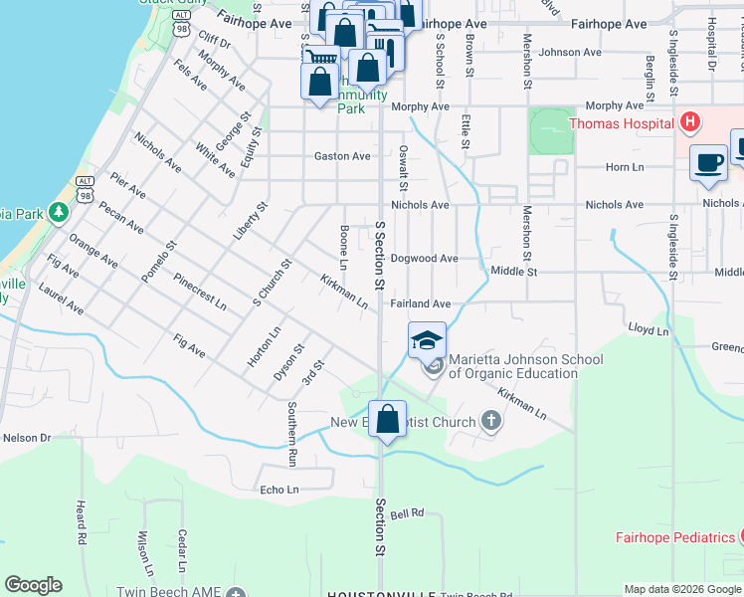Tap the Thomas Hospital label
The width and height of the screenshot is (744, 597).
[x=624, y=124]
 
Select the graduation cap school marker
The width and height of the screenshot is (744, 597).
[x=427, y=340]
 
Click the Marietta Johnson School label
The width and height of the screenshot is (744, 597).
[x=512, y=366]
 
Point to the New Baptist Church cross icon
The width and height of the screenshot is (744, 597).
[x=489, y=422]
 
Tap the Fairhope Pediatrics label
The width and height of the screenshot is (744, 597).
[x=672, y=537]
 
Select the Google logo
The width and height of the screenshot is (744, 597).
[x=33, y=585]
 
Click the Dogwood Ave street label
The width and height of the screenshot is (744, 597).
[x=424, y=259]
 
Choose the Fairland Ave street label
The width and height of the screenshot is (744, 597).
[x=422, y=303]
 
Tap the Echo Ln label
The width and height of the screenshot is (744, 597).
[x=279, y=490]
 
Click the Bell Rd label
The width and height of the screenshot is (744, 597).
[x=408, y=513]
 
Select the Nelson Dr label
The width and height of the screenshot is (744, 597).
[x=27, y=437]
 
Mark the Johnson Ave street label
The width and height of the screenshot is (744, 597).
[x=571, y=52]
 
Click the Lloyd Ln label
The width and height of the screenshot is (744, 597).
[x=648, y=328]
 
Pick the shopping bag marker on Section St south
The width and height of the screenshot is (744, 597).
[x=388, y=418]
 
